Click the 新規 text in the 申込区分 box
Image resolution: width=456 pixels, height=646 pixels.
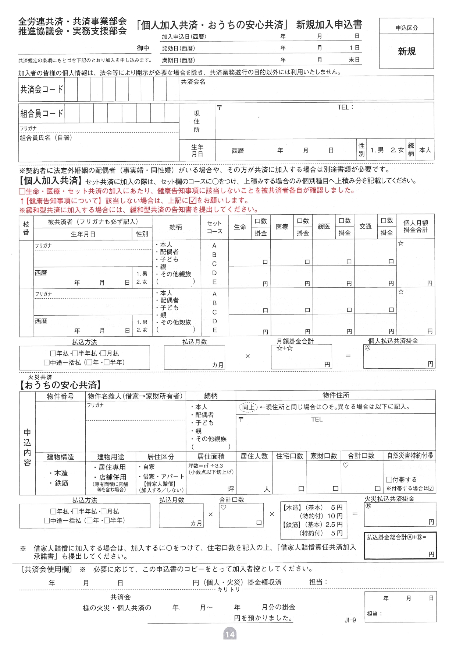click(x=407, y=51)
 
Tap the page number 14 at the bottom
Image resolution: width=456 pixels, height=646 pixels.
click(x=230, y=634)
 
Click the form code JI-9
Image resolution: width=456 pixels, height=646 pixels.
click(x=350, y=620)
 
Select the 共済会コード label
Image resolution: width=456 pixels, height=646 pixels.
click(x=42, y=89)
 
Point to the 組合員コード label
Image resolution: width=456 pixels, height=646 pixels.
click(x=42, y=113)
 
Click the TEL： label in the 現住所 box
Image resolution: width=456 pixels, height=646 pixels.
click(x=345, y=107)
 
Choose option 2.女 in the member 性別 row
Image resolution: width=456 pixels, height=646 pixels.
click(x=397, y=150)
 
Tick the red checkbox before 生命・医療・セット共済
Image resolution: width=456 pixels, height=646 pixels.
click(x=22, y=191)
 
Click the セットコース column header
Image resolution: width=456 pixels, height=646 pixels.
click(x=214, y=227)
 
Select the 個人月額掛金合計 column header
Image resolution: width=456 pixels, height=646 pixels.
click(x=416, y=226)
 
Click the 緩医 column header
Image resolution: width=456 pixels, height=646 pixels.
click(x=324, y=227)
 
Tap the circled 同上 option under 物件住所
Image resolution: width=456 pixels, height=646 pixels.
click(x=248, y=407)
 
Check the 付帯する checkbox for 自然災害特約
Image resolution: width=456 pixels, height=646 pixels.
click(x=389, y=480)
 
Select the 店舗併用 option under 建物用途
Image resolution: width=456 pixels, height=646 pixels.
click(x=113, y=477)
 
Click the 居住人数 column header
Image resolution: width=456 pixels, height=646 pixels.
click(x=254, y=456)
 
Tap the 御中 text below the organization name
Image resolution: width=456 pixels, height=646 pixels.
click(x=143, y=48)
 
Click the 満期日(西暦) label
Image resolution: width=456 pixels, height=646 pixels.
click(x=178, y=60)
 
